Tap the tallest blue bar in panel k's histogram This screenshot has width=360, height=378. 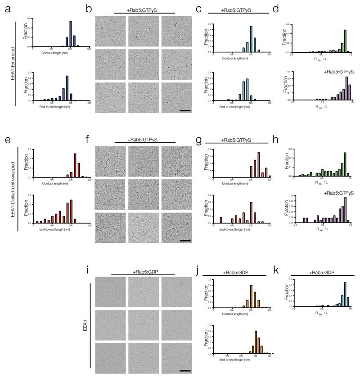coord(345,295)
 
